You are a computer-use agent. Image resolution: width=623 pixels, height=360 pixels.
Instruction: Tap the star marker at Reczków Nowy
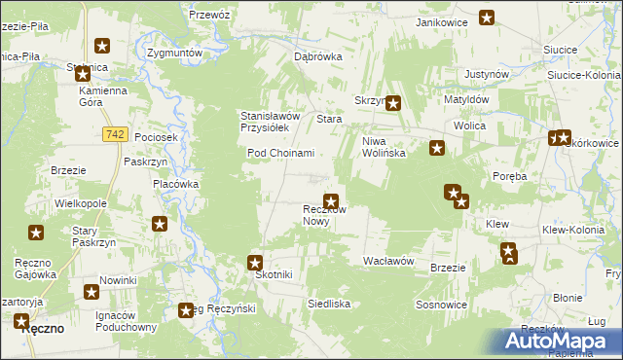pos(331,201)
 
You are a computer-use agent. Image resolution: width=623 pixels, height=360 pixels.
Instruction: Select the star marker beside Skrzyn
pos(394,103)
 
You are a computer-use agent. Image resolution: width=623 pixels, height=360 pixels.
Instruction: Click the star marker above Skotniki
pos(255,262)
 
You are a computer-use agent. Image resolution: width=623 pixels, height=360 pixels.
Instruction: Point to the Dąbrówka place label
pos(318,56)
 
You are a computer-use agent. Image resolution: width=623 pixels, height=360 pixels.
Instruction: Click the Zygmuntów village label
pos(173,53)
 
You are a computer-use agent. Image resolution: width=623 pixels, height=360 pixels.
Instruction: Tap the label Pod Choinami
pos(280,153)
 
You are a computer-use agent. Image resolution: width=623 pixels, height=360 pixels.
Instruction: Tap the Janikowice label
pos(442,21)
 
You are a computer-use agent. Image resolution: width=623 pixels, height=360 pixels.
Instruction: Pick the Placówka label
pos(176,183)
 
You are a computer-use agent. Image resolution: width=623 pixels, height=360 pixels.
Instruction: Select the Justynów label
pos(489,73)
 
